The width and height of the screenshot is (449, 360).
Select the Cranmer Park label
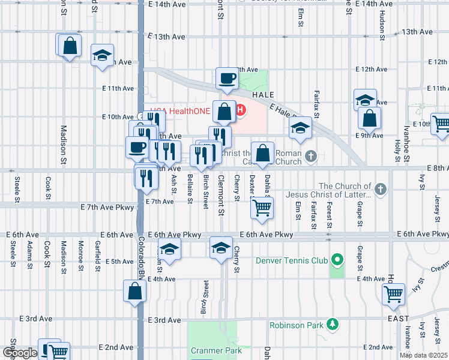pos(215,350)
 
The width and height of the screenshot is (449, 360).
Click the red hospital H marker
pos(241,110)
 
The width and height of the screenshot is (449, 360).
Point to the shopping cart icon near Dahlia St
pos(262,208)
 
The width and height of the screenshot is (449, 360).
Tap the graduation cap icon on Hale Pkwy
pos(300,127)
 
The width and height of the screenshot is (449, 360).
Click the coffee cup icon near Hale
pos(228,78)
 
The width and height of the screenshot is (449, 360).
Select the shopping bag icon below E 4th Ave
pos(135,292)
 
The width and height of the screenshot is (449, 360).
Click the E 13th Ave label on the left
pos(166,37)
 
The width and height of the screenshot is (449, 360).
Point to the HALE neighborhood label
pos(264,95)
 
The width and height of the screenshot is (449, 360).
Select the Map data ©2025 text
pos(424,355)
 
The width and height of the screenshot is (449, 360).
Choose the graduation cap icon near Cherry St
pos(221,247)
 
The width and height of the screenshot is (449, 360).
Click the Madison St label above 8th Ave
pos(63,144)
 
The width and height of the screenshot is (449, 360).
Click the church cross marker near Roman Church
pos(310,157)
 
